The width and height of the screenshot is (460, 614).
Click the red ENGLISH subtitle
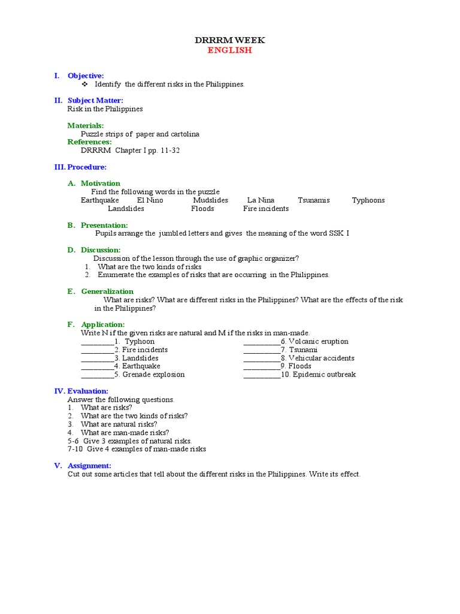(229, 50)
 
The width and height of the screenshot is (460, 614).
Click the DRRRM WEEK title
(229, 40)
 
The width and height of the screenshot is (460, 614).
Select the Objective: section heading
(86, 76)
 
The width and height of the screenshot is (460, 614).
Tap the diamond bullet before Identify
(85, 84)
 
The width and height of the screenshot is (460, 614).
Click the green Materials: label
(86, 125)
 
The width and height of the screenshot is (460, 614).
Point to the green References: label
(89, 142)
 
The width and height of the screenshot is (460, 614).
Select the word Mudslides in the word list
(210, 200)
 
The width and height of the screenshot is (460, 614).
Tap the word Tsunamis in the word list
(314, 200)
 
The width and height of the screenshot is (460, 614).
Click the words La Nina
(261, 200)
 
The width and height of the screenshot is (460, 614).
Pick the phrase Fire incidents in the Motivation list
(265, 209)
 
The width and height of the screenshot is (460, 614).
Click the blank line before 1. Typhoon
(97, 342)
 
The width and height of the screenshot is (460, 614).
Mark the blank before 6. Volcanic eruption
(261, 342)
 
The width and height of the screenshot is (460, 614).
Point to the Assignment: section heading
(89, 465)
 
